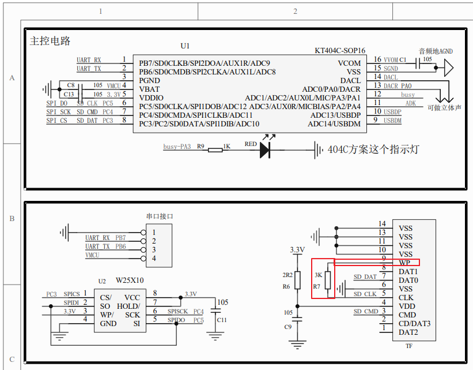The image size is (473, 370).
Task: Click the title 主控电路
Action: [50, 41]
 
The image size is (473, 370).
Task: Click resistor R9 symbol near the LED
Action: [215, 151]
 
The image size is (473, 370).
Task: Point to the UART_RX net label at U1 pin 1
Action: [89, 60]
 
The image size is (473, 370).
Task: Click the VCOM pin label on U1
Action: [349, 63]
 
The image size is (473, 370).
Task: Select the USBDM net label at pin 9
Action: [392, 121]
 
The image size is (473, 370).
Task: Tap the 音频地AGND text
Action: [436, 51]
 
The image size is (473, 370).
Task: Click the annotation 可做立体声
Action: [444, 107]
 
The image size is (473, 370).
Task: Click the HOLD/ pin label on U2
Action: [128, 306]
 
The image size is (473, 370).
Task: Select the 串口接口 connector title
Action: [159, 216]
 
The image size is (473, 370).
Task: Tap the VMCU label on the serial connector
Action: [92, 255]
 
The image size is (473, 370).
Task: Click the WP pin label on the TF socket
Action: [404, 263]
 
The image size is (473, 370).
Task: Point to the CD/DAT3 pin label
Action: [414, 323]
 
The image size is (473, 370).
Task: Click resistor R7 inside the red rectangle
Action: [328, 280]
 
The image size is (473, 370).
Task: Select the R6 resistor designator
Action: [286, 286]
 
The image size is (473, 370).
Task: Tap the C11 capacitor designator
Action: [222, 320]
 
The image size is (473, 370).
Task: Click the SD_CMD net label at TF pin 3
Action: [366, 312]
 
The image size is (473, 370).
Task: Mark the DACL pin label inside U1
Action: [350, 81]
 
